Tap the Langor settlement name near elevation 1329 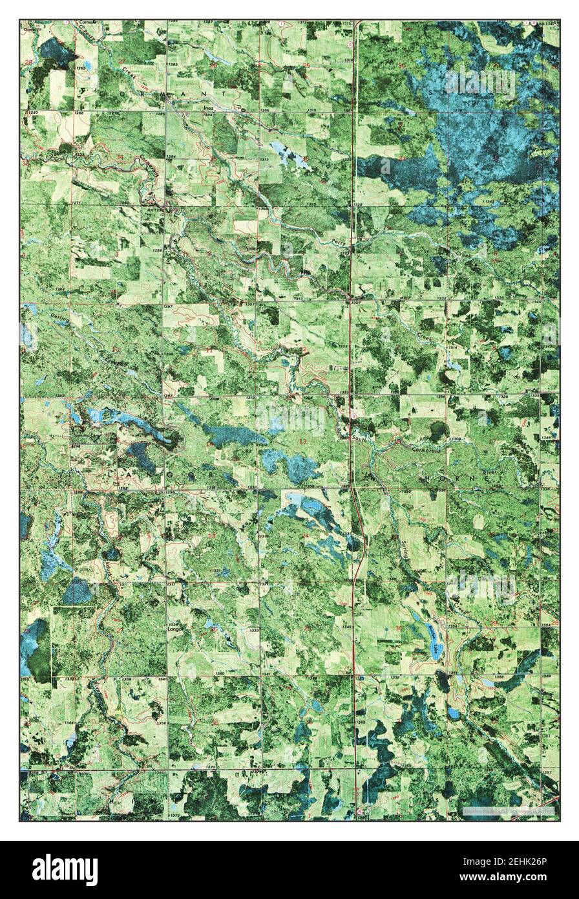click(176, 627)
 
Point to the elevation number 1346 click(546, 438)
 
